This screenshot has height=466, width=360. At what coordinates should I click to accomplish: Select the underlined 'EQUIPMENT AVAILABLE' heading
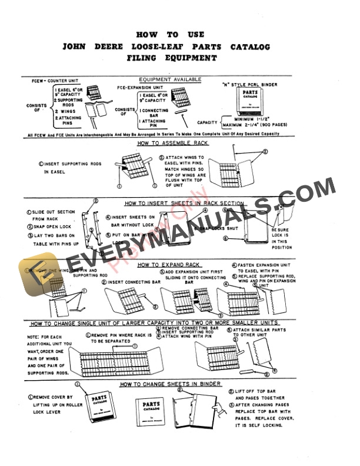tap(170, 79)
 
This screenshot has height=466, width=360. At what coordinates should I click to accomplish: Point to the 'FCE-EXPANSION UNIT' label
tap(141, 86)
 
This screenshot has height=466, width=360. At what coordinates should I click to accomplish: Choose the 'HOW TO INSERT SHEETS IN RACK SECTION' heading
tap(184, 204)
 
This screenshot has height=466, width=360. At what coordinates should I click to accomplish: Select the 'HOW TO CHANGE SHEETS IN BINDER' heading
tap(171, 384)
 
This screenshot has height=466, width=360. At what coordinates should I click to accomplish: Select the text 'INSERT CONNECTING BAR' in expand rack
tap(132, 282)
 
